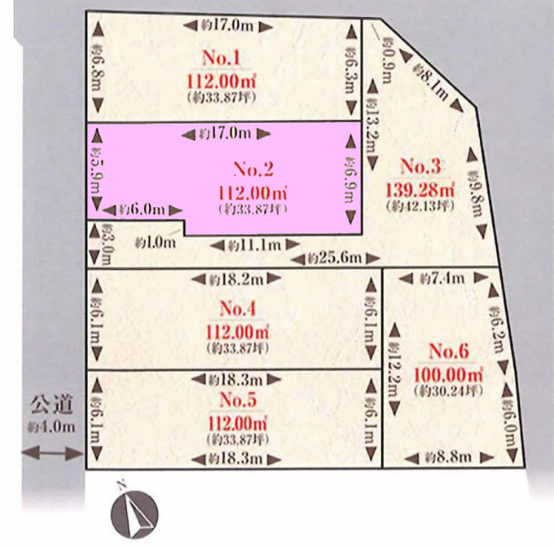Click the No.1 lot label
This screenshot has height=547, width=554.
click(x=221, y=59)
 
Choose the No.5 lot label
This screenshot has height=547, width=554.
click(x=239, y=400)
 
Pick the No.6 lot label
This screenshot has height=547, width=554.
click(x=448, y=351)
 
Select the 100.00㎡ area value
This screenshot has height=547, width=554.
click(x=448, y=373)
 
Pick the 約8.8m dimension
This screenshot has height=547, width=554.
click(x=448, y=458)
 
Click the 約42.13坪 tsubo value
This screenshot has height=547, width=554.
click(x=418, y=206)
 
